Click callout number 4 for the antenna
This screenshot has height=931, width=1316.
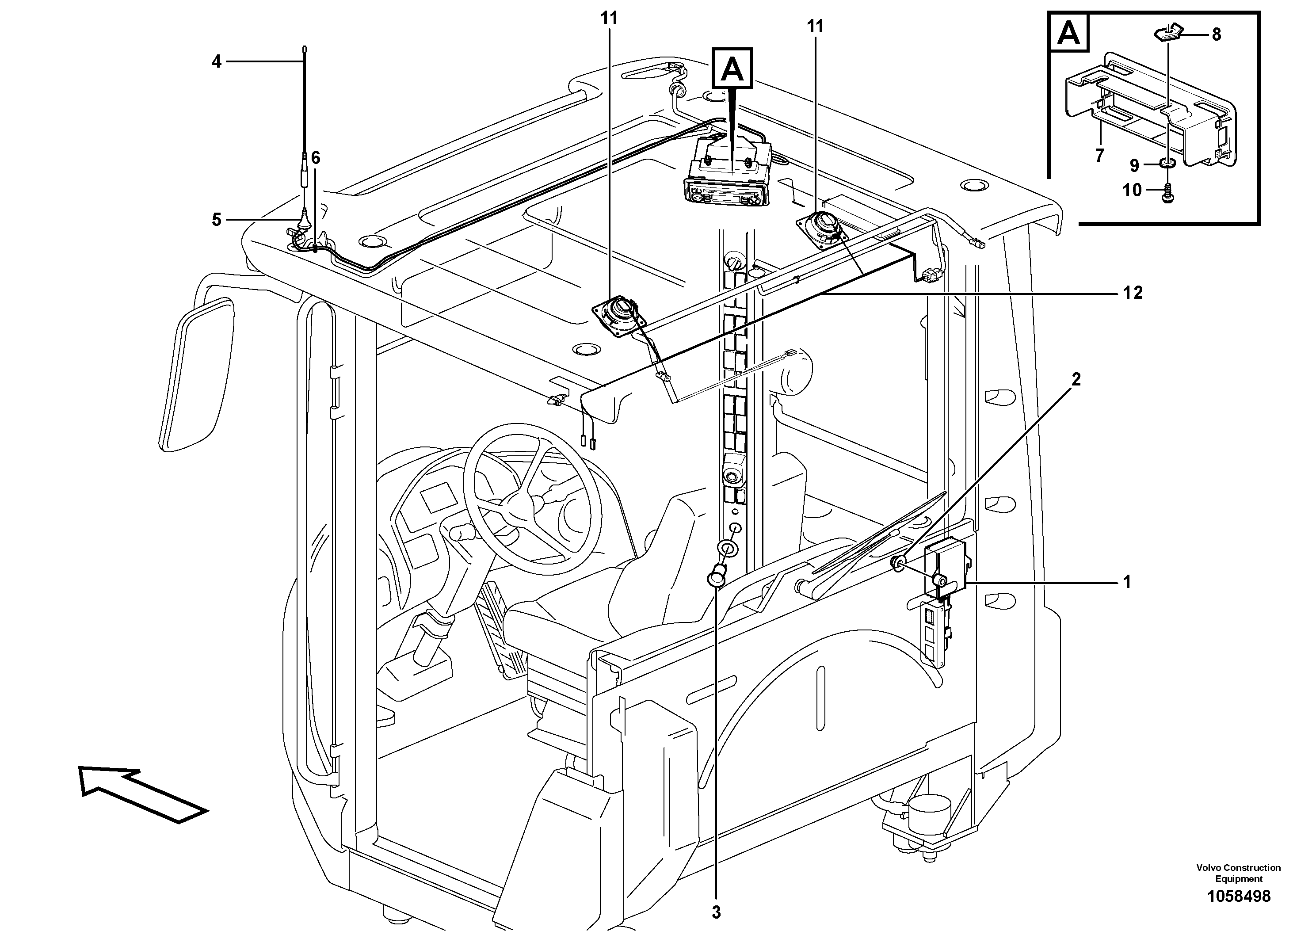(x=216, y=61)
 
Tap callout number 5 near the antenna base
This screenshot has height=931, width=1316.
(x=216, y=220)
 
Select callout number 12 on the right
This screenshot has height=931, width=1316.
(x=1133, y=293)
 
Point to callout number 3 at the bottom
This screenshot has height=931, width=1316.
(x=716, y=912)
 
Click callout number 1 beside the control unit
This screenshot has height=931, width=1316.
(x=1127, y=583)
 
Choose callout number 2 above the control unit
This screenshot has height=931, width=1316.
(x=1076, y=379)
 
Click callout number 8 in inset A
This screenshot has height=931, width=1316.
(x=1216, y=34)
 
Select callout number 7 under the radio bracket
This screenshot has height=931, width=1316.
(x=1099, y=155)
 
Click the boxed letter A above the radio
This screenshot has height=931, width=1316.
(x=732, y=68)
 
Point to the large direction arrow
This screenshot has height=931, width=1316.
(x=143, y=795)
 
